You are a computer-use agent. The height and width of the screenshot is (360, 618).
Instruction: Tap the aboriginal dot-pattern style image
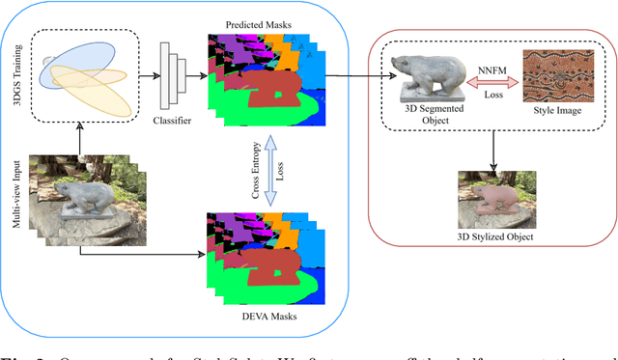(555, 75)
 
